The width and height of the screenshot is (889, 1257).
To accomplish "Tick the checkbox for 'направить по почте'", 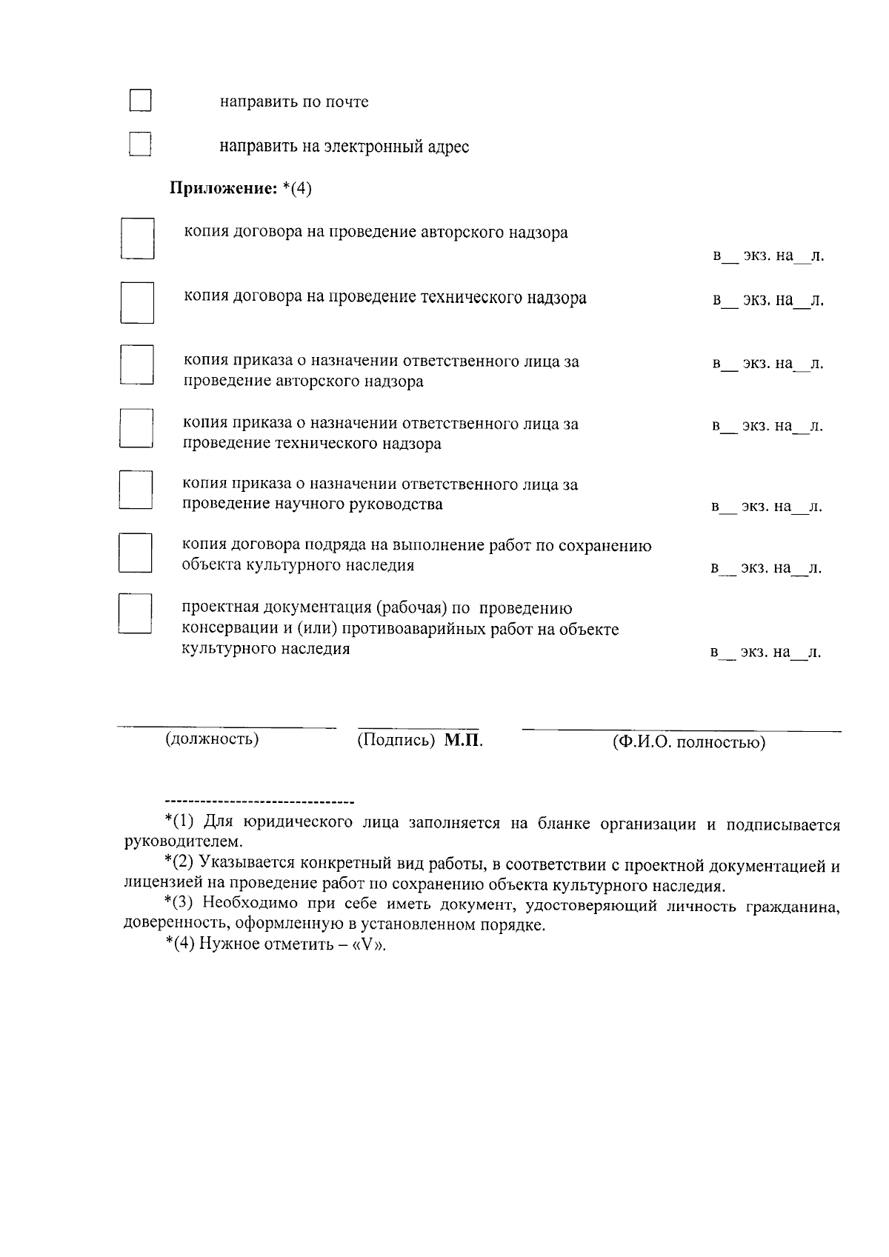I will (140, 101).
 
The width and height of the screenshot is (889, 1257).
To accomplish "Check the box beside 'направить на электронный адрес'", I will (139, 144).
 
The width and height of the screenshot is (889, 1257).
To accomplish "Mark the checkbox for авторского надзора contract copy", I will (138, 239).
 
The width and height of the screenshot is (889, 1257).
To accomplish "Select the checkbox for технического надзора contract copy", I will (138, 302).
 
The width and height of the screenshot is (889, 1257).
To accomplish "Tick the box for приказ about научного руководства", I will (136, 490).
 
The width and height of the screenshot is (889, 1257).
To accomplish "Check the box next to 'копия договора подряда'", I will (136, 553).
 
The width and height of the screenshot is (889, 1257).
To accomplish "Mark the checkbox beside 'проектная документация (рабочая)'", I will (136, 614).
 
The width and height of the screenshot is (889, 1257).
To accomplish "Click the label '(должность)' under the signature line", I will (212, 739).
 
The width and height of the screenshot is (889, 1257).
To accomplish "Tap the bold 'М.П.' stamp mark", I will (464, 741).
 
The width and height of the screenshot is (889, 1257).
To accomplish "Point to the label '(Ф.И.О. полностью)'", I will (688, 742).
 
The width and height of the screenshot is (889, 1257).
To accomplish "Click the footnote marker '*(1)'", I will (179, 823).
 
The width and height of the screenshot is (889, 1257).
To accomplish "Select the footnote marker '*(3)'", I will (179, 904).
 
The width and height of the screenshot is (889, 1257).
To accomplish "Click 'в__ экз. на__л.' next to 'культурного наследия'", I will (765, 653).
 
